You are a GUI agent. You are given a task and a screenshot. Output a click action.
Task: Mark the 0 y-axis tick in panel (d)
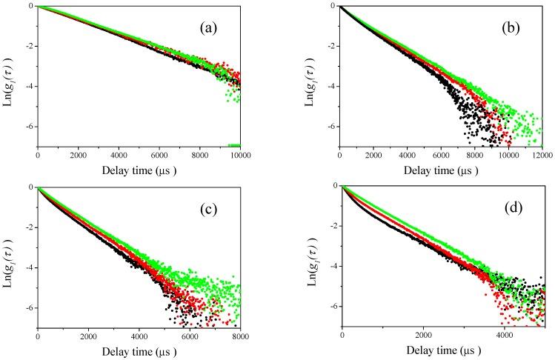point(333,187)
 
